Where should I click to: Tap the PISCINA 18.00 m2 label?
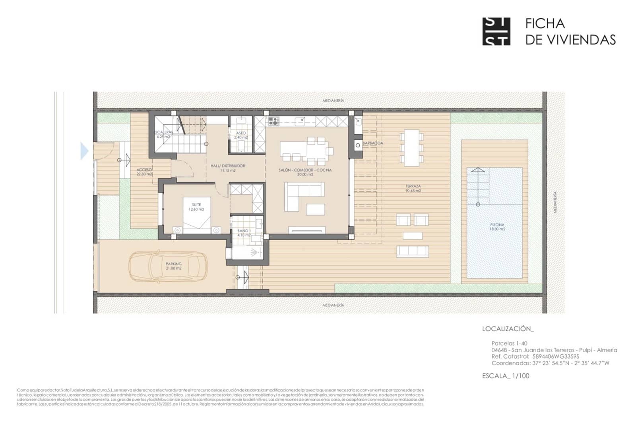point(497,227)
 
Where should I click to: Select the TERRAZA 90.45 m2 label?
point(413,188)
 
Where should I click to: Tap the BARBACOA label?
point(373,143)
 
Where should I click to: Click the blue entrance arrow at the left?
point(84,151)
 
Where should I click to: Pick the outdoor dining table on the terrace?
point(412,148)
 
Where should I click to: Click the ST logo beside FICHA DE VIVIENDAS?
point(496,31)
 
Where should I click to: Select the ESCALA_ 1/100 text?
point(506,376)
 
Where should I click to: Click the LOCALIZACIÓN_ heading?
point(508,329)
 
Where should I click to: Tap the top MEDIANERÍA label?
point(333,101)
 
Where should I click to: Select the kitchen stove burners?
point(273,121)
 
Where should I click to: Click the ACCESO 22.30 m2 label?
point(144,172)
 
